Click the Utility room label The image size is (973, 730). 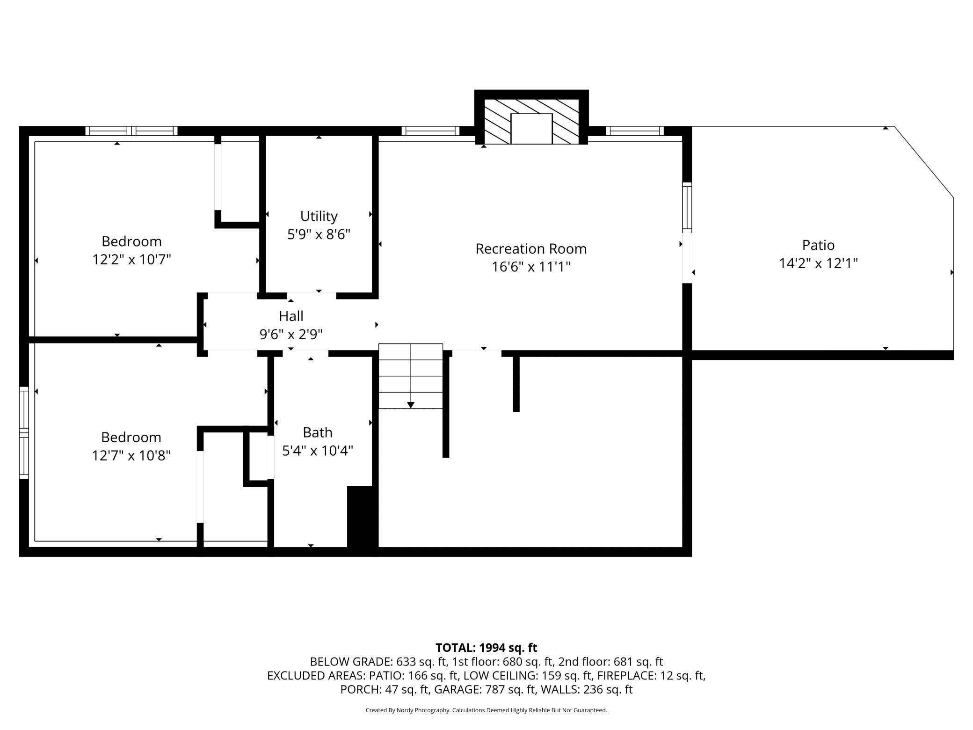coord(319,216)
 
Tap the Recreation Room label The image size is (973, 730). coord(531,249)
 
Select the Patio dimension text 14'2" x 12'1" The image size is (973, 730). coord(818,263)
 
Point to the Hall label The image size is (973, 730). coord(291,316)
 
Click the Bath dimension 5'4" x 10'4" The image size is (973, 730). coord(318,451)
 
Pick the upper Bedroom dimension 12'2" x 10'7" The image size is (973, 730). coord(131,259)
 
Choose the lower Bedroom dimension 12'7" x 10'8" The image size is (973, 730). coord(131,455)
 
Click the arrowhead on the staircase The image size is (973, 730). coord(411,405)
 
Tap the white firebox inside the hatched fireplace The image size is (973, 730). coord(531,129)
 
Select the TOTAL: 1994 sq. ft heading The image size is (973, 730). coord(486,648)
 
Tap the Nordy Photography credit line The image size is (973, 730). coord(486,710)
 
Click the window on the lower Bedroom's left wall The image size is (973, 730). coord(24,433)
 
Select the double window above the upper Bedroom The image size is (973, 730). coord(131,131)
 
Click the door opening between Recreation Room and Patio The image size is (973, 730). coord(687,258)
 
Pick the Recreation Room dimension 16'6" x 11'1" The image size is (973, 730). coord(531,267)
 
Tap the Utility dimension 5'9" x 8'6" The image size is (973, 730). coord(319,234)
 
